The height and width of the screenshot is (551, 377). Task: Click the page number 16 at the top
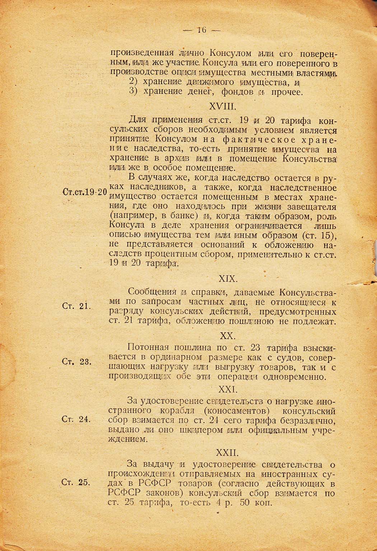point(201,30)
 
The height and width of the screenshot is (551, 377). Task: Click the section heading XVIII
point(222,106)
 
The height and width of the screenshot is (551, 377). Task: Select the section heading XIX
point(227,278)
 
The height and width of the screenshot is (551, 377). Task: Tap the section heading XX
point(227,336)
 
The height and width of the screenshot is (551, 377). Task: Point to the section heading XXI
point(227,389)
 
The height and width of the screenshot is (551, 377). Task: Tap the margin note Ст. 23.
point(77,361)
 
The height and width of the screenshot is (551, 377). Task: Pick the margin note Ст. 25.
point(77,482)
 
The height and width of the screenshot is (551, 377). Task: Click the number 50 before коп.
point(246,503)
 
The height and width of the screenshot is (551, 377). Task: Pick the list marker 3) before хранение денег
point(134,92)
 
